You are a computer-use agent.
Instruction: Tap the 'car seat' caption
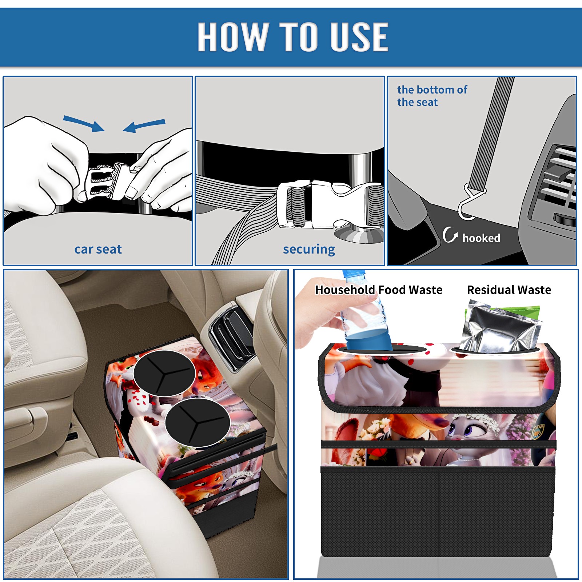98,249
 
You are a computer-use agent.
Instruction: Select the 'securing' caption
309,250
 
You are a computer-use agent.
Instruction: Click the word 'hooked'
481,238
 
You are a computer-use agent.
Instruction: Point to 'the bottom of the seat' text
432,96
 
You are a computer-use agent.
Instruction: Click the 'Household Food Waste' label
379,290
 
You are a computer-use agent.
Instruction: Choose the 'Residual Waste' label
509,290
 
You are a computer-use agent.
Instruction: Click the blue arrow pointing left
144,126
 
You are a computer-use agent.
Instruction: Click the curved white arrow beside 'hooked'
450,235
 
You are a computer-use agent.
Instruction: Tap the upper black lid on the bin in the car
164,373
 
